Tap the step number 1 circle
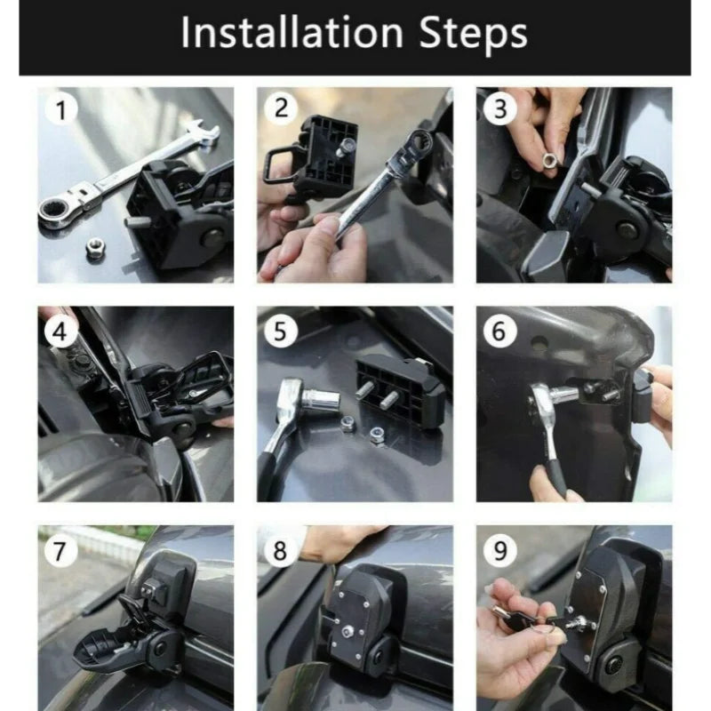click(x=61, y=111)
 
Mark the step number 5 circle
click(x=281, y=332)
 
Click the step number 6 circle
click(x=500, y=331)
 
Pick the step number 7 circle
click(x=61, y=550)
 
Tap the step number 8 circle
click(x=281, y=551)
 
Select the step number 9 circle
click(x=500, y=550)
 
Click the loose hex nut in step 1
click(x=95, y=249)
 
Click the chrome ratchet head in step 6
click(x=544, y=403)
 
